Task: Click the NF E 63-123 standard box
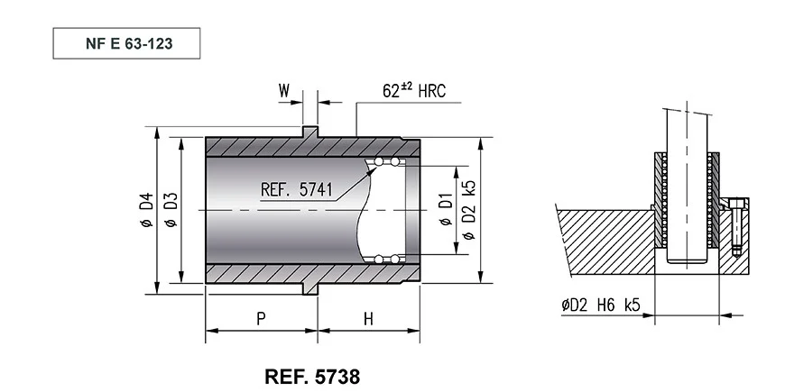tap(126, 43)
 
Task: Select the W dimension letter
tap(284, 91)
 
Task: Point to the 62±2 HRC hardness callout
tap(414, 90)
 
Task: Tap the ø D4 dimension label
tap(146, 210)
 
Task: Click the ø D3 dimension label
tap(171, 210)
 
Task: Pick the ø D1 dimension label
tap(446, 209)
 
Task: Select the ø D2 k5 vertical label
tap(469, 210)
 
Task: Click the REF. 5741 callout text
tap(296, 190)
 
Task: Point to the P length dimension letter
tap(261, 319)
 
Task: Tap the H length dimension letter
tap(368, 319)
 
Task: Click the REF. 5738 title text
tap(312, 377)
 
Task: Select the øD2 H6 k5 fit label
tap(601, 305)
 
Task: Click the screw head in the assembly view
tap(734, 204)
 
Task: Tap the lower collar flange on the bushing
tap(309, 288)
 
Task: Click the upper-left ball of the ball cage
tap(379, 161)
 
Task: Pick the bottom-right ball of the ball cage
tap(395, 259)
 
